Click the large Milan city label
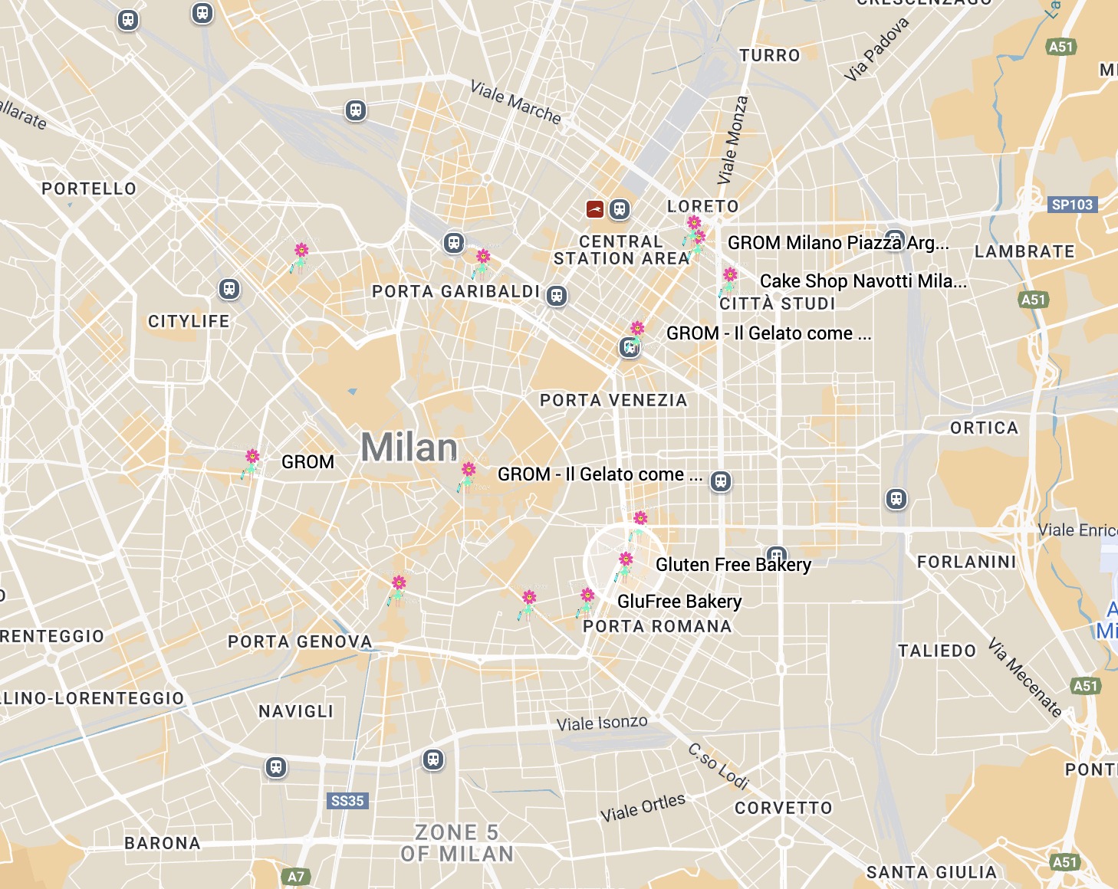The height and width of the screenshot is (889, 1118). (x=409, y=448)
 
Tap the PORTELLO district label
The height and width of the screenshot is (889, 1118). (x=89, y=189)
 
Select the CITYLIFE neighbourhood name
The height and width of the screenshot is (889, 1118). (x=189, y=321)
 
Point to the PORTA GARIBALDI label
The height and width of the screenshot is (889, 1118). (x=455, y=291)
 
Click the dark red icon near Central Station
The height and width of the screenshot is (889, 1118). (x=594, y=208)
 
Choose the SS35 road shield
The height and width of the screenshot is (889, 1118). (x=347, y=801)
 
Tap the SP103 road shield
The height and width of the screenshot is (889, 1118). (x=1072, y=205)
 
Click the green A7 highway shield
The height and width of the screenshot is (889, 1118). (x=296, y=877)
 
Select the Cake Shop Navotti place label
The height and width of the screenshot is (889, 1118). (x=863, y=280)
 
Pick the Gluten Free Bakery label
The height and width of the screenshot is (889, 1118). (x=733, y=565)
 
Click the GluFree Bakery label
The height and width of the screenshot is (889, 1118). (x=679, y=602)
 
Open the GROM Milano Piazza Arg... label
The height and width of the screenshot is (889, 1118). (x=838, y=243)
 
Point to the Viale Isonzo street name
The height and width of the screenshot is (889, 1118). (x=602, y=723)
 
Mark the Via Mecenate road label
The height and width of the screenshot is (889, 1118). (x=1025, y=677)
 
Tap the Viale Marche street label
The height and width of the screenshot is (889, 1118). (x=515, y=103)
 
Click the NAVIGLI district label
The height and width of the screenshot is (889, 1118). (x=296, y=711)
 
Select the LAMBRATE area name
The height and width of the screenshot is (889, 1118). (x=1024, y=251)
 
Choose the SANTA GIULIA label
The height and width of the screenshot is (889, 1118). (x=931, y=872)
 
